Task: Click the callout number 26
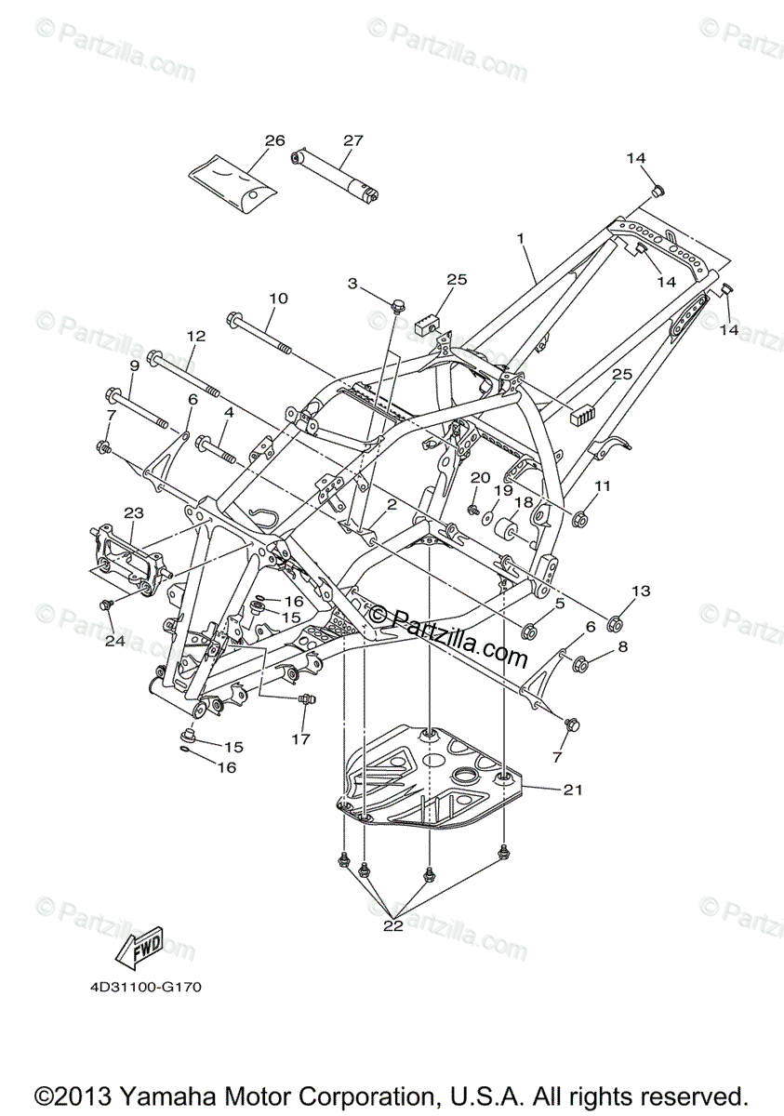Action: (274, 140)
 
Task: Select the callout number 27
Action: (352, 140)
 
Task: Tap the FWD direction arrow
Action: (140, 945)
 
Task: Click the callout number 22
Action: (392, 926)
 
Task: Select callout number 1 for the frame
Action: (522, 238)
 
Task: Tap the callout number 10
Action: (279, 299)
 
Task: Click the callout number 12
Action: (195, 336)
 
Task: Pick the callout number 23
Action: (134, 512)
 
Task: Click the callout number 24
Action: (115, 641)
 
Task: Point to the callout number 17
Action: (299, 740)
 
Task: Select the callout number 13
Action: (642, 591)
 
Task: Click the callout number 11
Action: (603, 485)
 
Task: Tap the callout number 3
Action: (352, 283)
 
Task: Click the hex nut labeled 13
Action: (615, 621)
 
